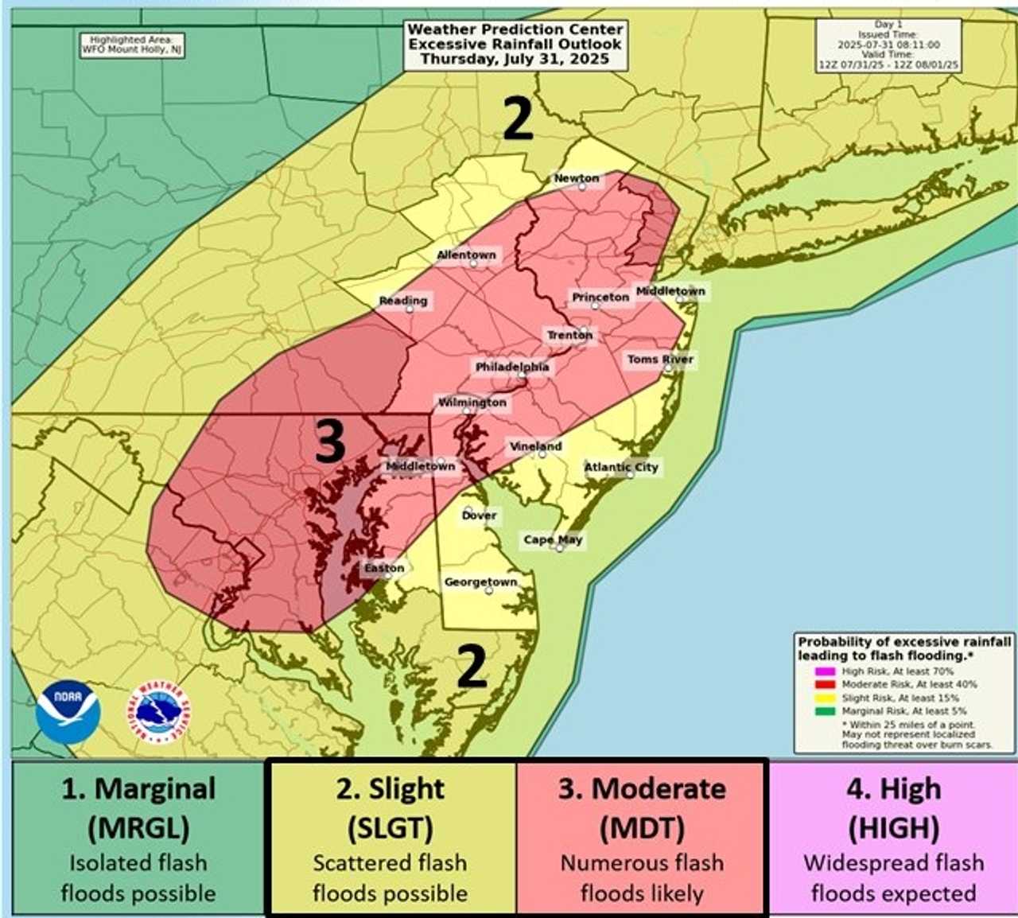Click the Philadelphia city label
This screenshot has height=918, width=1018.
point(512,367)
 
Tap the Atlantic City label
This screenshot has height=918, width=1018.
point(621,467)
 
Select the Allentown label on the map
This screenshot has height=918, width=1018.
point(466,255)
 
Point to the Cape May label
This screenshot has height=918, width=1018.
point(553,539)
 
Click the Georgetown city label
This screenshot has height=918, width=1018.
point(480,582)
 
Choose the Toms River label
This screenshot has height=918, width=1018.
point(660,359)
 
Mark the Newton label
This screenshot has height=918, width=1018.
point(577,178)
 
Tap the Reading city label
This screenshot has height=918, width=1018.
point(403,300)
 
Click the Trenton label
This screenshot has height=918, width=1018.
point(569,335)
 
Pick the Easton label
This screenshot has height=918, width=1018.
point(384,568)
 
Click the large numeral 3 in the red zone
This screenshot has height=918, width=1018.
point(330,441)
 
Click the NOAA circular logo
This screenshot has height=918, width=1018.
point(68,711)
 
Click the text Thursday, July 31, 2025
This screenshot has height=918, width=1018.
point(515,59)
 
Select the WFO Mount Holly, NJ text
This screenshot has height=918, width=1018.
point(133,49)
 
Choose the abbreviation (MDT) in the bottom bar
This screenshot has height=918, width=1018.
point(642,828)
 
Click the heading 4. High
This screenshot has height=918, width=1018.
point(894,789)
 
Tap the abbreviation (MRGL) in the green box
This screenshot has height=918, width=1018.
point(138,828)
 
